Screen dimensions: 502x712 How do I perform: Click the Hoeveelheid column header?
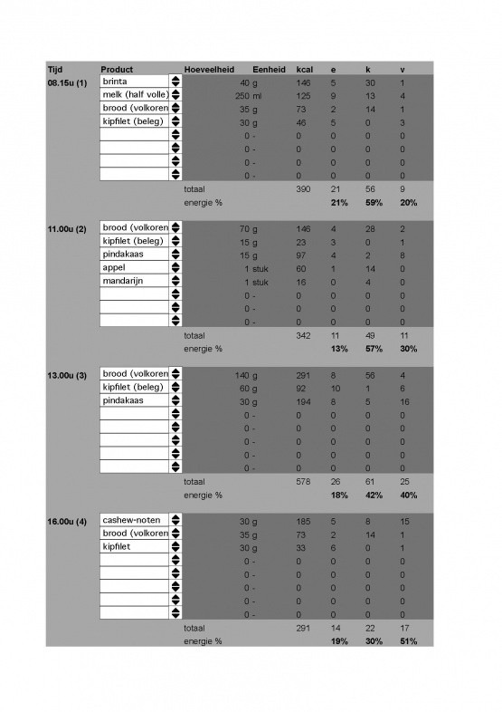[x=209, y=70]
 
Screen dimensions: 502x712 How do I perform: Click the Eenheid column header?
[x=270, y=70]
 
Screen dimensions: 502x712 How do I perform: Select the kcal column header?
[x=304, y=70]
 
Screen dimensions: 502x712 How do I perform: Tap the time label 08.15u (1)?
[x=67, y=82]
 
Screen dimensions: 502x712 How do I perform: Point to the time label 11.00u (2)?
[x=67, y=228]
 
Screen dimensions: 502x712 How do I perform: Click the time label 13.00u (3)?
[x=67, y=374]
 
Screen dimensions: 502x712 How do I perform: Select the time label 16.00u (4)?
[x=67, y=521]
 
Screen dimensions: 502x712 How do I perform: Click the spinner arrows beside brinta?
[x=175, y=82]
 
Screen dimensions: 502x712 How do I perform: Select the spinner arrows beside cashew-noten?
[x=175, y=521]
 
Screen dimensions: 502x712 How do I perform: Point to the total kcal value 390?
[x=304, y=188]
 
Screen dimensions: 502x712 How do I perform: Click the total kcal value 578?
[x=304, y=481]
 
